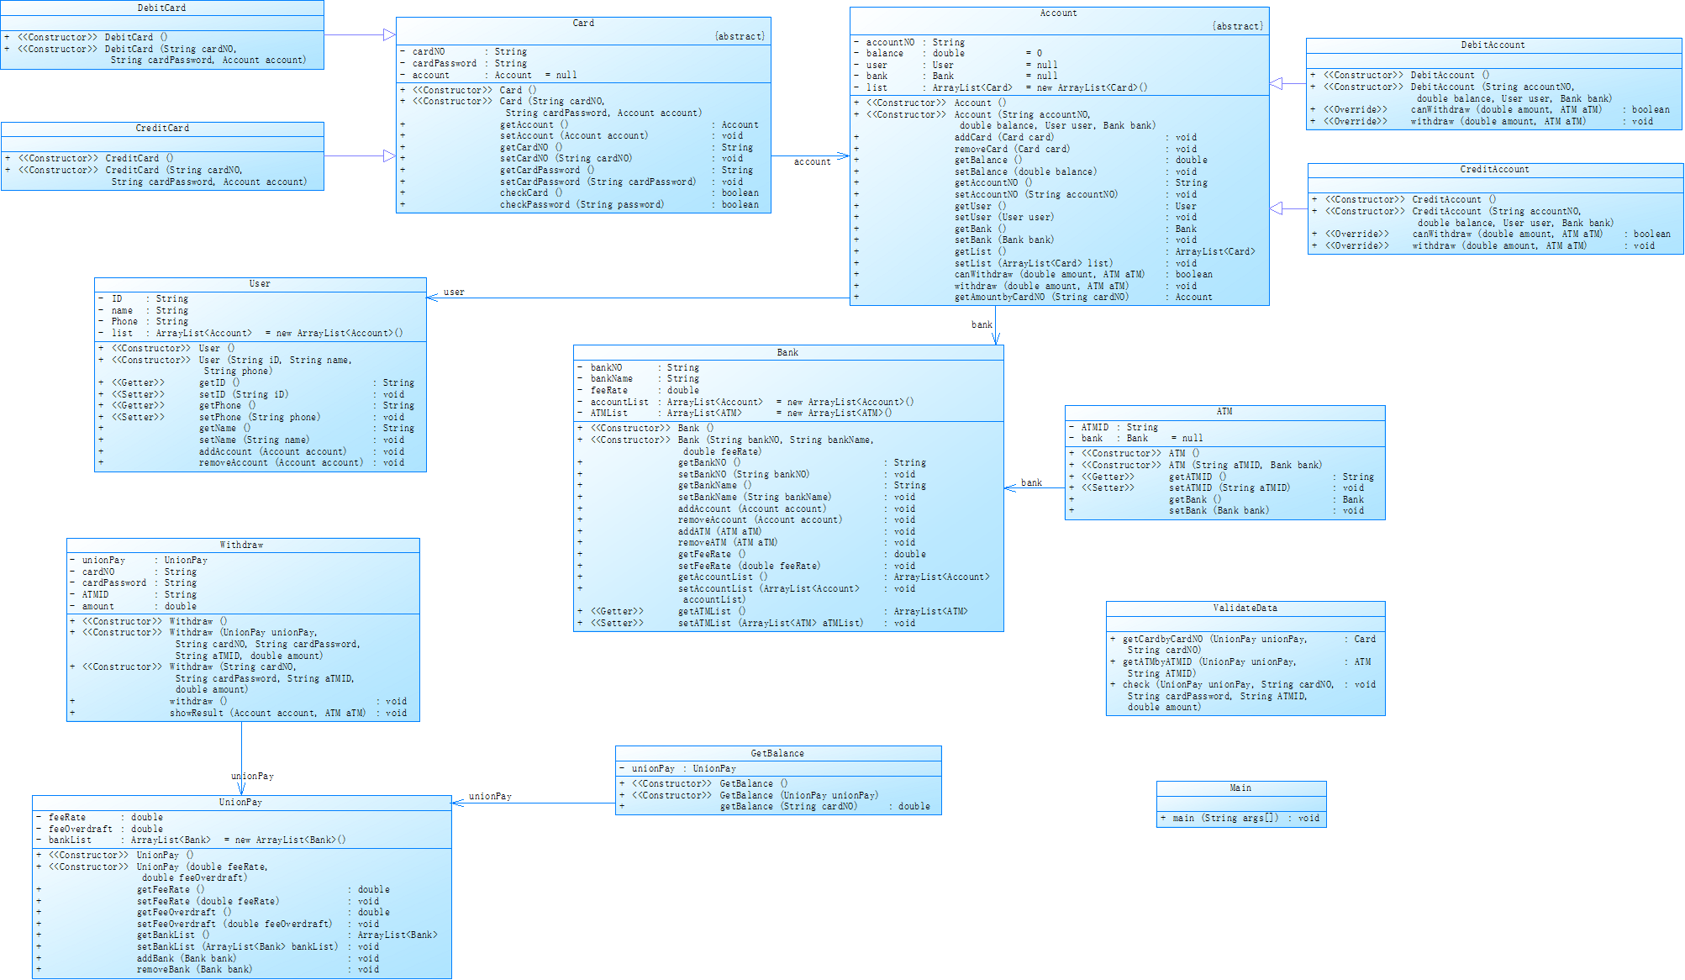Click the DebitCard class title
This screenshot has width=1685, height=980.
click(161, 8)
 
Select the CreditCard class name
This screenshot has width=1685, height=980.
click(162, 129)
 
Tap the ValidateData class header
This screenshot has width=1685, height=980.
click(1245, 609)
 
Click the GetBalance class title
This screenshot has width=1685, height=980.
click(777, 754)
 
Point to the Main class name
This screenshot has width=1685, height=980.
click(1240, 788)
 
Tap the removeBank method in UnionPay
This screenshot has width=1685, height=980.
click(194, 970)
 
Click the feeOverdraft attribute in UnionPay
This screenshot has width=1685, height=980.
click(81, 830)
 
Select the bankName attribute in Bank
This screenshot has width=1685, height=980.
click(612, 379)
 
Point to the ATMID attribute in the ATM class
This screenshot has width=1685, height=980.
click(1095, 428)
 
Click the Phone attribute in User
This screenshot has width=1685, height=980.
click(124, 322)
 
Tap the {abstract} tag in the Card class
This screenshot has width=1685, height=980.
click(740, 37)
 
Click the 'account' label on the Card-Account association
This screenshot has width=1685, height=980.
click(812, 162)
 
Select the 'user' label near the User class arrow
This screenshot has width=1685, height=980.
click(454, 292)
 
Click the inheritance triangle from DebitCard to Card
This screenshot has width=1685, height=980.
click(389, 35)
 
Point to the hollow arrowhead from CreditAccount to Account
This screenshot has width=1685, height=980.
click(1276, 208)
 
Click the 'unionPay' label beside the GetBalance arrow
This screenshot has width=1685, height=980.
click(490, 797)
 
